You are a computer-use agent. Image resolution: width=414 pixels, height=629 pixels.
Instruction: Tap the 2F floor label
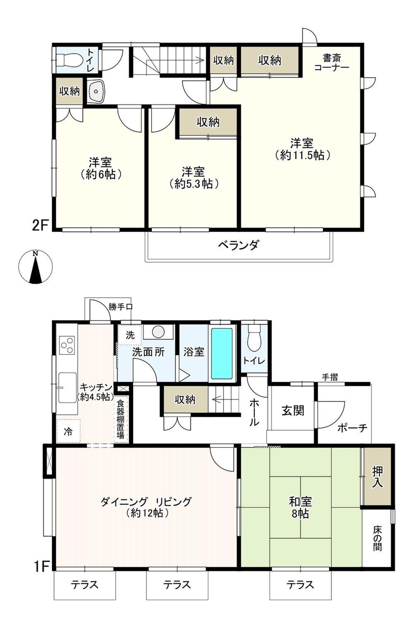coord(40,226)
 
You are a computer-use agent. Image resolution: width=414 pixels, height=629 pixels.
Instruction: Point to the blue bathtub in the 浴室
coord(222,354)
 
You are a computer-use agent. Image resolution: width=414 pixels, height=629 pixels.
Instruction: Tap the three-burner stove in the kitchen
coord(67,345)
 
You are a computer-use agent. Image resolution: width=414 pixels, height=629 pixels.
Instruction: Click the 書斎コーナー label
coord(332,63)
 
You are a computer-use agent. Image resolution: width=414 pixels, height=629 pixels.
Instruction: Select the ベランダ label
coord(238,245)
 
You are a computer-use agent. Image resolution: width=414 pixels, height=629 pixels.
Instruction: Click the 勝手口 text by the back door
coord(120,307)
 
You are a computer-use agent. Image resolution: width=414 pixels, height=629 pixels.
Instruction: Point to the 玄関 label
coord(293,411)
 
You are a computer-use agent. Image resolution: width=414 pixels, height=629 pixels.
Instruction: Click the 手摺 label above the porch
coord(330,377)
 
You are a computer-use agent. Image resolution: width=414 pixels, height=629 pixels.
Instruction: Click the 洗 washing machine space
coord(130,335)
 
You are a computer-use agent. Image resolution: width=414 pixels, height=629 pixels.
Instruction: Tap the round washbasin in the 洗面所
coord(159,332)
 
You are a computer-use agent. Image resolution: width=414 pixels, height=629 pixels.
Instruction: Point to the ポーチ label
coord(352,428)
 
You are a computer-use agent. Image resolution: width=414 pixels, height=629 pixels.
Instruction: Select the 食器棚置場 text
coord(120,419)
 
